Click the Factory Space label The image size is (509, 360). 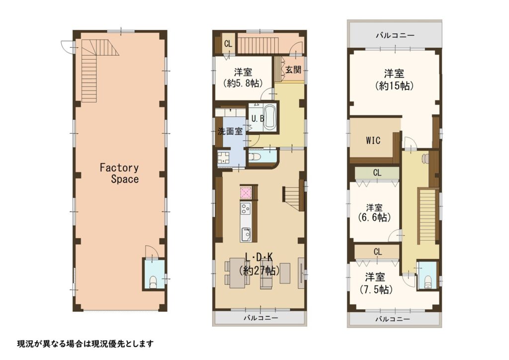coord(119,174)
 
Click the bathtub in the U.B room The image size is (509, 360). coord(269,117)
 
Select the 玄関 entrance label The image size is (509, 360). coord(293,69)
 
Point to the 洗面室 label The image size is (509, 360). coord(230,131)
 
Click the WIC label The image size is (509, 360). coord(373,141)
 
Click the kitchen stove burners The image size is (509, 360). coord(246,208)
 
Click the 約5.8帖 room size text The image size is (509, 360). coord(243,84)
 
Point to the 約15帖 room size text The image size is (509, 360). coord(394,86)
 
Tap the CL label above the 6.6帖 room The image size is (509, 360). coord(377,173)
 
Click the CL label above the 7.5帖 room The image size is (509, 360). coord(377,252)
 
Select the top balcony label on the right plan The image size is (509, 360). coord(395,35)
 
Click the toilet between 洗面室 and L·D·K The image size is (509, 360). coord(255,157)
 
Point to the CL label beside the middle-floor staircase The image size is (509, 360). coord(228,44)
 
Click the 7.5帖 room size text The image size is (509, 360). coord(376,289)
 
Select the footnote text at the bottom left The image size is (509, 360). coord(85,344)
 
